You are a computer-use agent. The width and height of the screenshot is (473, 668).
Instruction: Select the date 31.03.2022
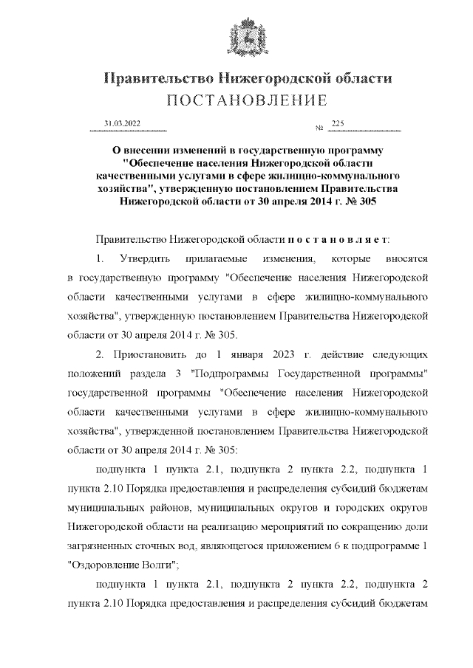coord(123,124)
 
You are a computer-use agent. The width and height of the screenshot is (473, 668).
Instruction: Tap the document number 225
coord(338,123)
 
